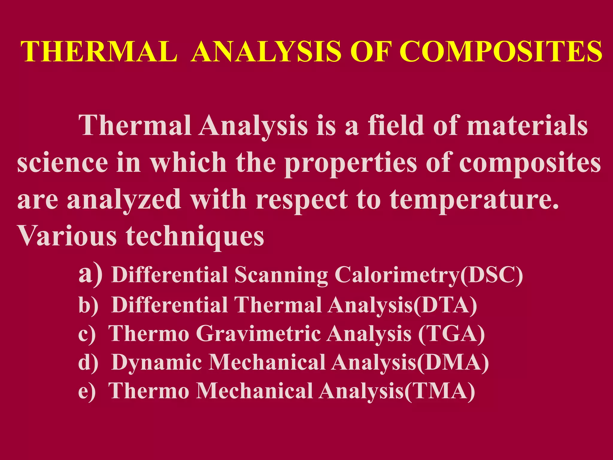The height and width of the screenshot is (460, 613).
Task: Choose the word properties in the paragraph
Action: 350,163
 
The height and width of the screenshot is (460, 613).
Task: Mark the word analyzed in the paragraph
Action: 124,200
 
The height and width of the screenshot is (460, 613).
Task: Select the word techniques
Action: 195,237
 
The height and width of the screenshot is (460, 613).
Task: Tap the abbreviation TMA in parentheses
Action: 439,391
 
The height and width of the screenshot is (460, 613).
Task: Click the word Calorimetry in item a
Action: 397,275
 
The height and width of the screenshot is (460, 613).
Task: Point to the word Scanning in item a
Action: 281,275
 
